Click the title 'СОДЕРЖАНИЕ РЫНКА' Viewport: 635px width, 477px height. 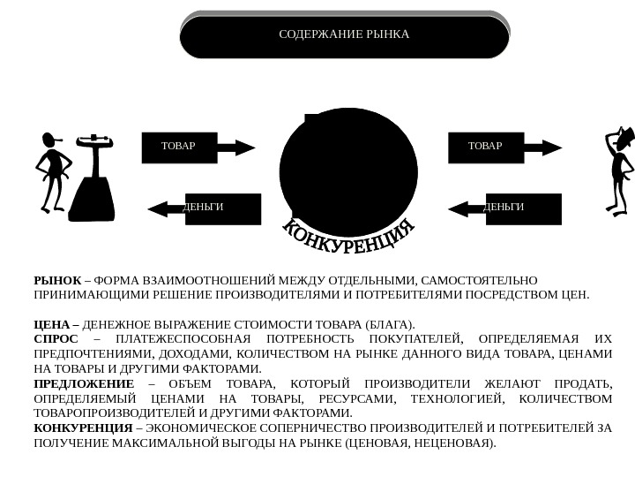click(x=344, y=35)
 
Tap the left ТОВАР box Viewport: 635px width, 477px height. click(x=179, y=148)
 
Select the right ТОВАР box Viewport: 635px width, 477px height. click(x=486, y=148)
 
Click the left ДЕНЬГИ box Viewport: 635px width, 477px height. click(x=222, y=208)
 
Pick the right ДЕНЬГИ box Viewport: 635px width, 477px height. click(x=523, y=208)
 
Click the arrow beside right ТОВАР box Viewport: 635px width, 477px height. click(x=543, y=147)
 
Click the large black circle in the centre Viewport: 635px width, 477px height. click(x=348, y=168)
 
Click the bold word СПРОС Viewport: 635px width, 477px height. click(x=56, y=339)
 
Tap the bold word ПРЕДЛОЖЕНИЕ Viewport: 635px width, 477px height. click(x=84, y=383)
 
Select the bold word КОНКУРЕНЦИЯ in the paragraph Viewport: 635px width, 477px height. click(x=84, y=428)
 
